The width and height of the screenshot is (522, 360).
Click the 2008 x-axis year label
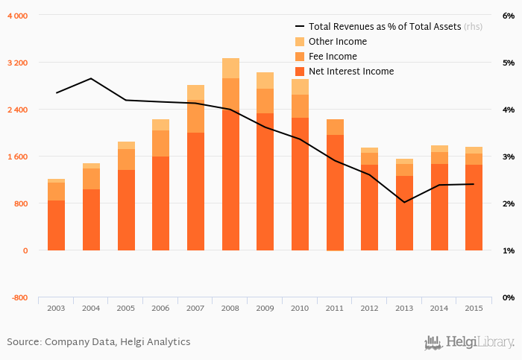click(230, 308)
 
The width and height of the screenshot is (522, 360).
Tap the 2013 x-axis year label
click(404, 308)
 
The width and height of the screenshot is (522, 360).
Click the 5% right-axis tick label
click(508, 63)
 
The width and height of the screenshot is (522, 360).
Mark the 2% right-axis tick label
click(508, 203)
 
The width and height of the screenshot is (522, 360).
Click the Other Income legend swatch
click(300, 42)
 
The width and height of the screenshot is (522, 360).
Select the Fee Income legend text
click(333, 57)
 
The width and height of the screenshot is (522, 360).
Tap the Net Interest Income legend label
click(350, 72)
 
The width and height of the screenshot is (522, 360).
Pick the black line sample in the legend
click(300, 27)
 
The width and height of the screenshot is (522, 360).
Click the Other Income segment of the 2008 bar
click(230, 68)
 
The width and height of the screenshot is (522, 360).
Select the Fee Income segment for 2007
click(195, 116)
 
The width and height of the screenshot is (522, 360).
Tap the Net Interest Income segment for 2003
click(56, 225)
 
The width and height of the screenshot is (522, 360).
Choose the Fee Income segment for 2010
click(300, 106)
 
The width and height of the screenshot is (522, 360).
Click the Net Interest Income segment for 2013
click(404, 212)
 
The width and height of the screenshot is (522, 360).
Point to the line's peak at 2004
click(91, 78)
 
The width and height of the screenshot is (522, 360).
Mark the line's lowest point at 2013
click(404, 202)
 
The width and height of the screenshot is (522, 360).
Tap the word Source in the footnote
click(23, 342)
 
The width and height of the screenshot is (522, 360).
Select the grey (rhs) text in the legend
click(473, 27)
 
